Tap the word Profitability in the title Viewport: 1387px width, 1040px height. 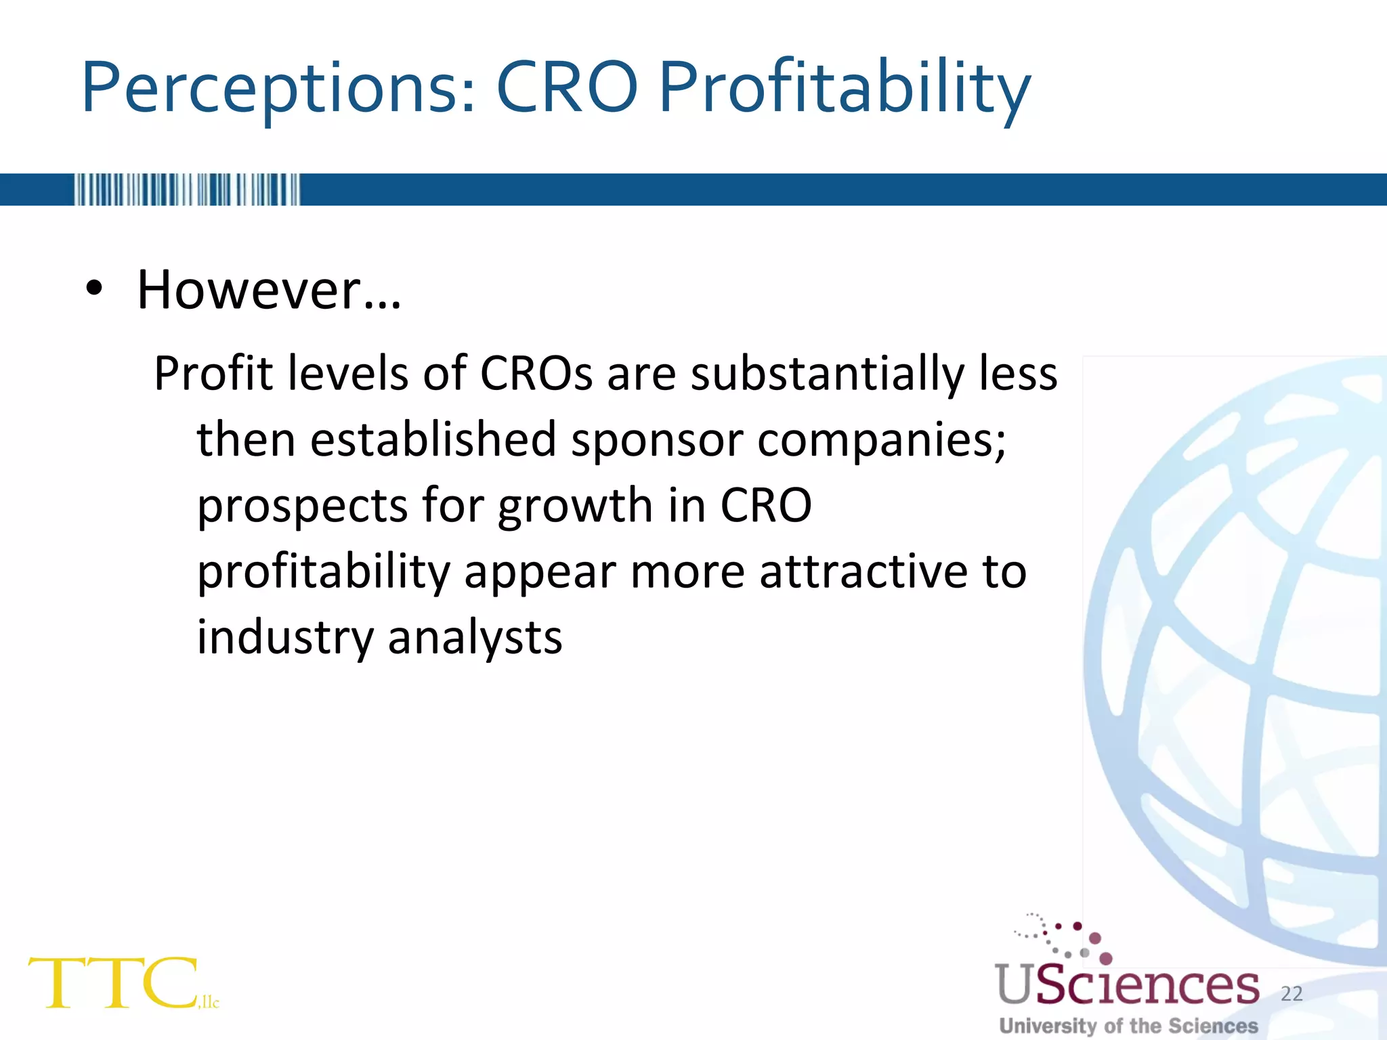pos(845,88)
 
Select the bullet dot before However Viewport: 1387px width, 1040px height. pos(94,289)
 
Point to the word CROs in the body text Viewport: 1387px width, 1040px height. pos(536,374)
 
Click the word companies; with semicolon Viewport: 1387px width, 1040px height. pos(882,439)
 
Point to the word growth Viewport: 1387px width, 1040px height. pos(575,506)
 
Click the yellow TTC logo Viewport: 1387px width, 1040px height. pos(115,983)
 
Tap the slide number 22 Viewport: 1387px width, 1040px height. pos(1292,993)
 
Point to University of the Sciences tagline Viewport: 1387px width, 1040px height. pos(1129,1026)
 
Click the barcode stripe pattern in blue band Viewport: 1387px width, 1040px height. pos(187,190)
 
